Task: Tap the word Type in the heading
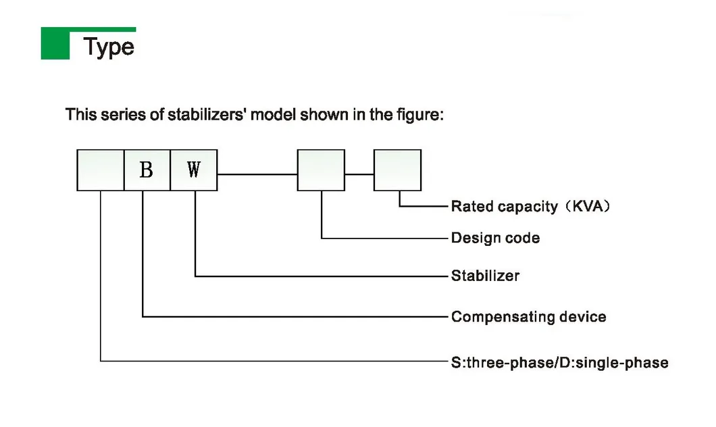pos(109,47)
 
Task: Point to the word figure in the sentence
pos(418,114)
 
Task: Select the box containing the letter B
pos(147,170)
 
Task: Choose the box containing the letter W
pos(194,170)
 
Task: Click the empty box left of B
pos(100,170)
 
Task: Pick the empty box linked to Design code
pos(321,170)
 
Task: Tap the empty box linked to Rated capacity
pos(397,170)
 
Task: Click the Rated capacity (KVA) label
pos(530,206)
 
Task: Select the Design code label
pos(495,238)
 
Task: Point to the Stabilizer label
pos(485,276)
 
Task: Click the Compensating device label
pos(528,316)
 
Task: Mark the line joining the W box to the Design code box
pos(257,174)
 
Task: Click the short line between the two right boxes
pos(359,174)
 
